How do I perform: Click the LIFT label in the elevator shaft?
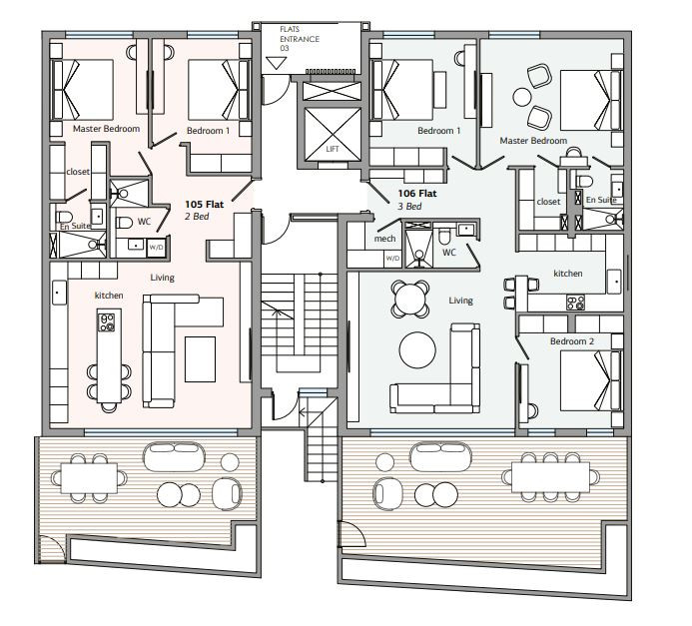[333, 149]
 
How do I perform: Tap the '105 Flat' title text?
[205, 205]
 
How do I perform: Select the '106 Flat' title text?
[417, 194]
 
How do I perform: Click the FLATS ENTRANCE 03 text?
[300, 39]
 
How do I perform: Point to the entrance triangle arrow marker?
[277, 63]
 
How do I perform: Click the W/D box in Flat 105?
[156, 247]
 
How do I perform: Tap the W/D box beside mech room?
[392, 258]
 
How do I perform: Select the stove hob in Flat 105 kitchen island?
[107, 322]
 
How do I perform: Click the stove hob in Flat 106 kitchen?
[576, 303]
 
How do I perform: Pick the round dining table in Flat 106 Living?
[410, 300]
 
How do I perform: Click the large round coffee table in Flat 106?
[417, 349]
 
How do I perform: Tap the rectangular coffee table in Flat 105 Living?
[201, 359]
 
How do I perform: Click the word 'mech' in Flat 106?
[384, 239]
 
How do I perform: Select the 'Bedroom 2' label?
[572, 341]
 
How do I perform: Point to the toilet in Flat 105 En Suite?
[65, 217]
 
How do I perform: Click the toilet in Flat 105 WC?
[124, 223]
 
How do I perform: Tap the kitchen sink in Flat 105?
[59, 293]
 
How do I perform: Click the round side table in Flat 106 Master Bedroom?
[522, 97]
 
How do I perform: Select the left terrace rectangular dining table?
[89, 478]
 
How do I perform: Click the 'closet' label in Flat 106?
[548, 202]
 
